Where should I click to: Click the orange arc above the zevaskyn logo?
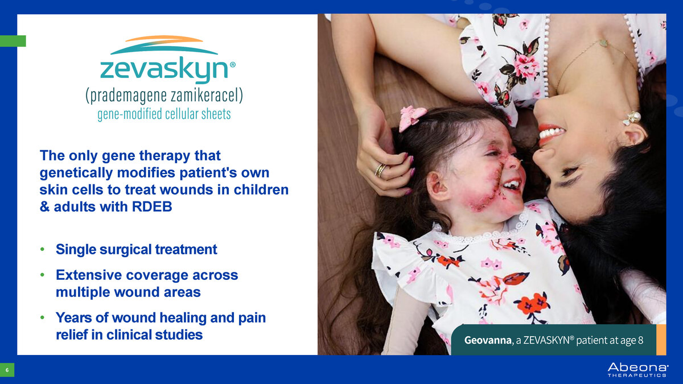click(164, 39)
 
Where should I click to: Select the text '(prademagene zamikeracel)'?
click(164, 95)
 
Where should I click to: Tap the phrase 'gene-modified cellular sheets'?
click(164, 114)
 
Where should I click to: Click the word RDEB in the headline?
click(152, 207)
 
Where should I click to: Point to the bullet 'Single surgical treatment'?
click(136, 249)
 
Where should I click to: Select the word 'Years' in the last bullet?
click(73, 317)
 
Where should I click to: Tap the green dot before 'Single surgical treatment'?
click(42, 249)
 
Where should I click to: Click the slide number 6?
click(7, 370)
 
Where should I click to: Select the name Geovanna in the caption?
click(488, 340)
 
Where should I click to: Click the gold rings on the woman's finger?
click(381, 170)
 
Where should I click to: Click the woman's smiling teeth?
click(552, 133)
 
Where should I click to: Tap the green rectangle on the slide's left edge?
click(13, 41)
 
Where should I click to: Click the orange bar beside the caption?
click(661, 340)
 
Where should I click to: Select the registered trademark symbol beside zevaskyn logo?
click(232, 65)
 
